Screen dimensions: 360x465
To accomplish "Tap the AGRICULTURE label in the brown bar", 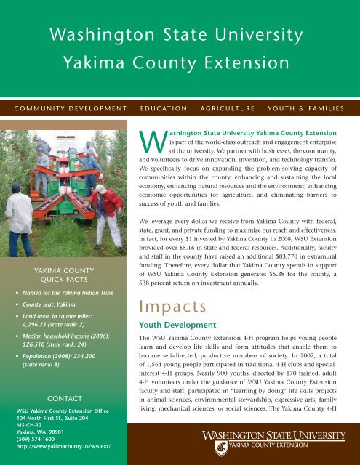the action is point(234,109).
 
